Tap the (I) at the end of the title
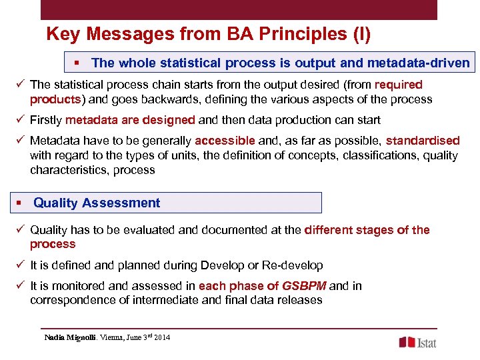[361, 35]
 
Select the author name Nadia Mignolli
[70, 337]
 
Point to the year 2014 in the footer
[162, 337]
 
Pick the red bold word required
[399, 85]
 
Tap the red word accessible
[225, 141]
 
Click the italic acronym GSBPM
[304, 286]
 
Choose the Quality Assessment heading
[97, 203]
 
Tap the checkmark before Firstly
[21, 120]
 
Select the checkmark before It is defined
[21, 265]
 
